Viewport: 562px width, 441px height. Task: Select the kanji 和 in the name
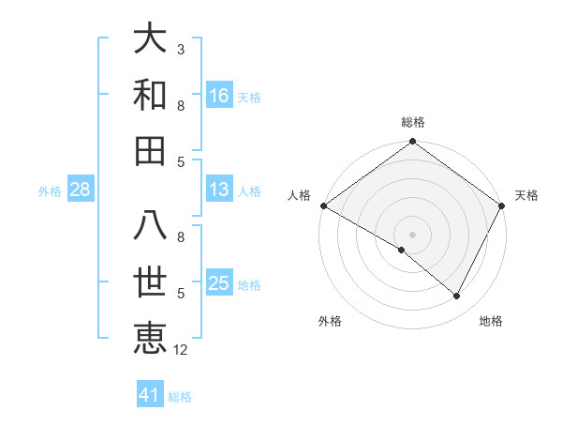[x=150, y=94]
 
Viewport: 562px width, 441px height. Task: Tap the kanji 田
[x=150, y=149]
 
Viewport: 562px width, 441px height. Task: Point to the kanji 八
[x=150, y=229]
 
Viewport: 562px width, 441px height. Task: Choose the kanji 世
[x=150, y=283]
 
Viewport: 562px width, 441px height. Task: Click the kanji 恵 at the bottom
[x=150, y=339]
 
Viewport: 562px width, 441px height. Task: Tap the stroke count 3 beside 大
[x=181, y=49]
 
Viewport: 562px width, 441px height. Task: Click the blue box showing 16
[x=219, y=95]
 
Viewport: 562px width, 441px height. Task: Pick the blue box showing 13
[x=219, y=190]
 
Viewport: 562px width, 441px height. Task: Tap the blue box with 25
[x=219, y=284]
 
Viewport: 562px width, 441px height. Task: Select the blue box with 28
[x=81, y=190]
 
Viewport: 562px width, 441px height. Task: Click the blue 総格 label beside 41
[x=180, y=397]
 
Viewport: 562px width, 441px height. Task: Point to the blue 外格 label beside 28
[x=50, y=191]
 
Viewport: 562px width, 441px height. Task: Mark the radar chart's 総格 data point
[x=412, y=143]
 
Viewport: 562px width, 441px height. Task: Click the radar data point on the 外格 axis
[x=402, y=250]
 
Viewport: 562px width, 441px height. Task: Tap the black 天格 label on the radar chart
[x=526, y=195]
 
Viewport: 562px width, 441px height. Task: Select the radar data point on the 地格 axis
[x=457, y=296]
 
